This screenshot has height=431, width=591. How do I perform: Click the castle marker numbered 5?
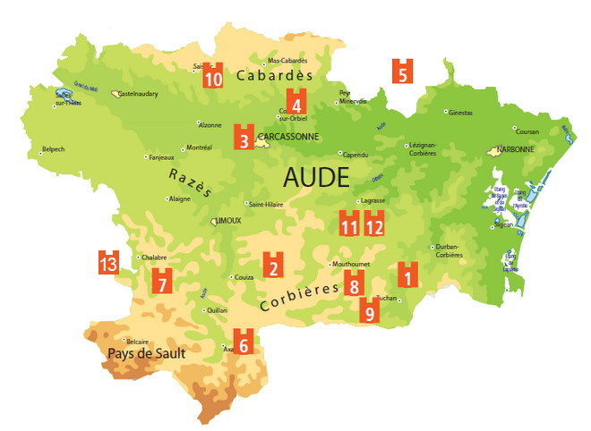pyautogui.click(x=403, y=71)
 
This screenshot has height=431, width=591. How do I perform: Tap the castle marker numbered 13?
pyautogui.click(x=108, y=262)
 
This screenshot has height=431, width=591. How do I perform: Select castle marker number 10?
pyautogui.click(x=213, y=77)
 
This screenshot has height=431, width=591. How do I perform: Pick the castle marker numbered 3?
pyautogui.click(x=243, y=137)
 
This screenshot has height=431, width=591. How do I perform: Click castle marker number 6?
pyautogui.click(x=242, y=341)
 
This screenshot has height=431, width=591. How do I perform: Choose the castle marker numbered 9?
pyautogui.click(x=368, y=310)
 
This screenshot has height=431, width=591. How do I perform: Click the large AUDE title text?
pyautogui.click(x=315, y=176)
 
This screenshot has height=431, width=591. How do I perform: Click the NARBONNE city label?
pyautogui.click(x=516, y=149)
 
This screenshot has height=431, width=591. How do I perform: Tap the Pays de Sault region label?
pyautogui.click(x=146, y=353)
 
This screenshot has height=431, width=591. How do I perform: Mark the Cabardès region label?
pyautogui.click(x=275, y=77)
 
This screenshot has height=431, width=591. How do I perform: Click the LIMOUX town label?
pyautogui.click(x=228, y=220)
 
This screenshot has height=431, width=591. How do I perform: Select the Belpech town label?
pyautogui.click(x=54, y=150)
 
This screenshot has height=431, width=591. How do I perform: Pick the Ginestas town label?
pyautogui.click(x=460, y=113)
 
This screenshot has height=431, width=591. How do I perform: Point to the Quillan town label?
pyautogui.click(x=217, y=310)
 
